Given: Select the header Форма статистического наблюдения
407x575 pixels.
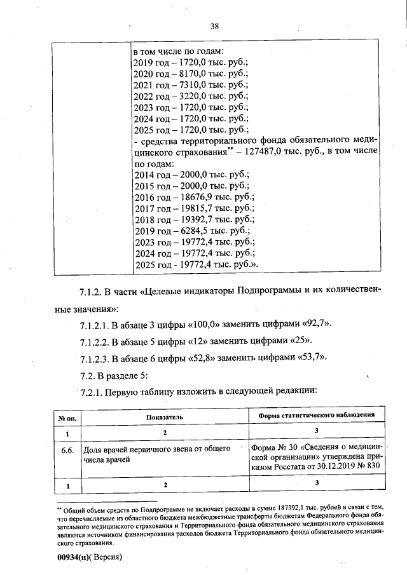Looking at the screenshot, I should click(x=315, y=416).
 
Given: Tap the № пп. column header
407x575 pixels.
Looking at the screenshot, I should click(x=67, y=417).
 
